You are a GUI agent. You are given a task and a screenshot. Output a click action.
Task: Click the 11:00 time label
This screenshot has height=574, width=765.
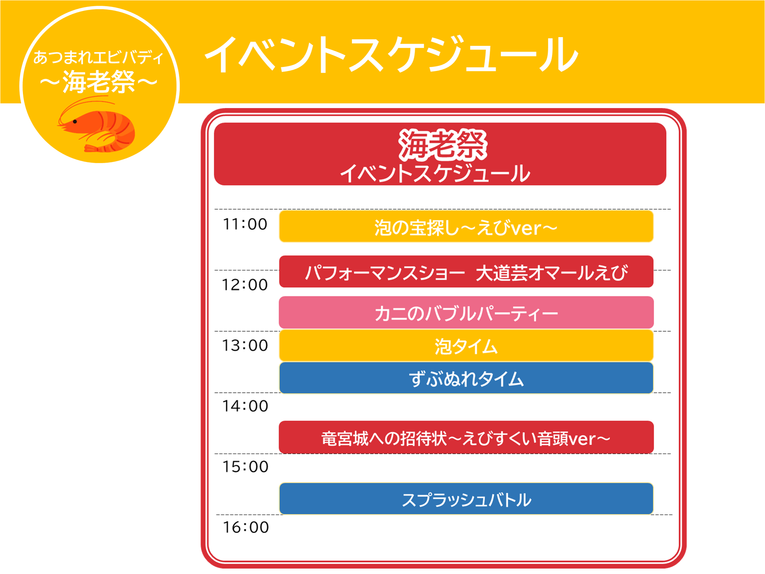coord(245,224)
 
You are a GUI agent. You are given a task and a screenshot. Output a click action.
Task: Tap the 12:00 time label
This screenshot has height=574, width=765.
coord(245,285)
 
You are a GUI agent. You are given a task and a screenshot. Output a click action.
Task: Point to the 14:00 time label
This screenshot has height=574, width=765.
coord(245,406)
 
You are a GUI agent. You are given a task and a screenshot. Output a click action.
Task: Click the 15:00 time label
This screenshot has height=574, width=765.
coord(246,467)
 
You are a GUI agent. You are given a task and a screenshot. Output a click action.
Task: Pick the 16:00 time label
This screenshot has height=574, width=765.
coord(246,527)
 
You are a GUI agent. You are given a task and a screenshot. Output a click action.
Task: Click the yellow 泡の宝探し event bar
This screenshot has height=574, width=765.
coord(466,226)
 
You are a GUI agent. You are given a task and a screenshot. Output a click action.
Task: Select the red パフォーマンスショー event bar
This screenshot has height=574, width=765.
coord(466,272)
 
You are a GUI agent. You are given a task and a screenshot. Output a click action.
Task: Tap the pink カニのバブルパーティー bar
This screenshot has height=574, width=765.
coord(466,312)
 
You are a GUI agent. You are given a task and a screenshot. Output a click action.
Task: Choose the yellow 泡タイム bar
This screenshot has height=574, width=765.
coord(466,346)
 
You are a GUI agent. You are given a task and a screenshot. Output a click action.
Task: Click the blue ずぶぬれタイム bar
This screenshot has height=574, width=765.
coord(466,378)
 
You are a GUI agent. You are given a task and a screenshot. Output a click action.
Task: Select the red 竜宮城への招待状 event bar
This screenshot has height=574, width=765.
coord(466,437)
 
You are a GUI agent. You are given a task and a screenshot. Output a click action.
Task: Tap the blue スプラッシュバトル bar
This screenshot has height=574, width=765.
coord(466,499)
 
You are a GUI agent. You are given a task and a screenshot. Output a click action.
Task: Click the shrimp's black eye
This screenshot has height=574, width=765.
coord(75,121)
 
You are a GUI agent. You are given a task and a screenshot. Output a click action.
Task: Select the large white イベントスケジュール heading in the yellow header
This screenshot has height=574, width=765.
coord(392,55)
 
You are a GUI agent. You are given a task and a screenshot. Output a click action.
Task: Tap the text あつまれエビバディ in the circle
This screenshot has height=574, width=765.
coord(98,57)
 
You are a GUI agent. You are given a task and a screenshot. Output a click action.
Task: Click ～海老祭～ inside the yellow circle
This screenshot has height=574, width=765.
coord(99,82)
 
